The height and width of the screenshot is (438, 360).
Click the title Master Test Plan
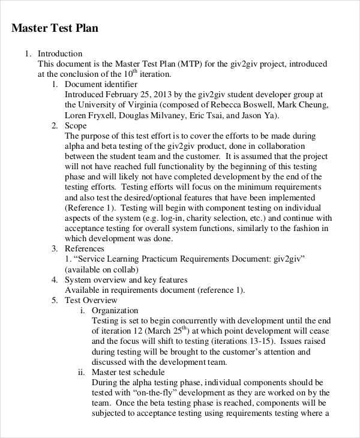point(55,28)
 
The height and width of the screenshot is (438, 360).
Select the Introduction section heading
point(60,53)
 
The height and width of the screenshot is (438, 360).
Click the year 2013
point(147,94)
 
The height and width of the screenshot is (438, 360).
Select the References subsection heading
point(85,248)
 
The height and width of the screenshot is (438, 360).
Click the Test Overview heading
point(91,300)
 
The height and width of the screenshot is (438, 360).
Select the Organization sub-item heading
point(115,310)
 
